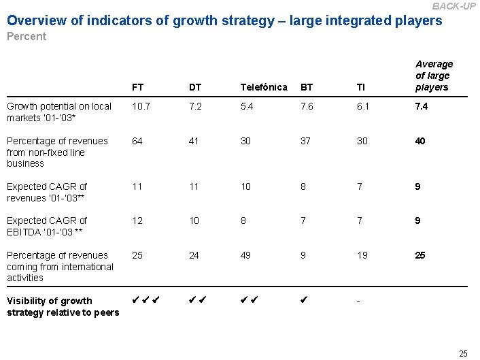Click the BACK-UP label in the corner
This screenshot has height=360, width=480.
453,6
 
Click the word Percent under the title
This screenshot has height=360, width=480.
27,37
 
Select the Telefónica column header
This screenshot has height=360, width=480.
264,87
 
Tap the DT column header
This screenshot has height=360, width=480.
195,87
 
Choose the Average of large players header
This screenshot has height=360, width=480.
433,76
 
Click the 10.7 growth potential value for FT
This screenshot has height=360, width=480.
141,107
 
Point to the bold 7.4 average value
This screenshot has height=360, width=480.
422,107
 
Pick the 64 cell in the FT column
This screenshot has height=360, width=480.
138,141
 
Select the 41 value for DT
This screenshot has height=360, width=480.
194,141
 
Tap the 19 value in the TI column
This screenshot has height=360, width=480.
362,255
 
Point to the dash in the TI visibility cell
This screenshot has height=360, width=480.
359,301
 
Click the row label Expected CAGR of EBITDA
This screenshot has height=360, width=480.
47,226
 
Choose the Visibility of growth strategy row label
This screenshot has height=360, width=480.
63,307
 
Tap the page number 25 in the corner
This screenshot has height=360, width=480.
463,353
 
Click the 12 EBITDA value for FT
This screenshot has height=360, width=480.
138,220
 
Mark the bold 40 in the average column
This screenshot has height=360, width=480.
421,141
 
